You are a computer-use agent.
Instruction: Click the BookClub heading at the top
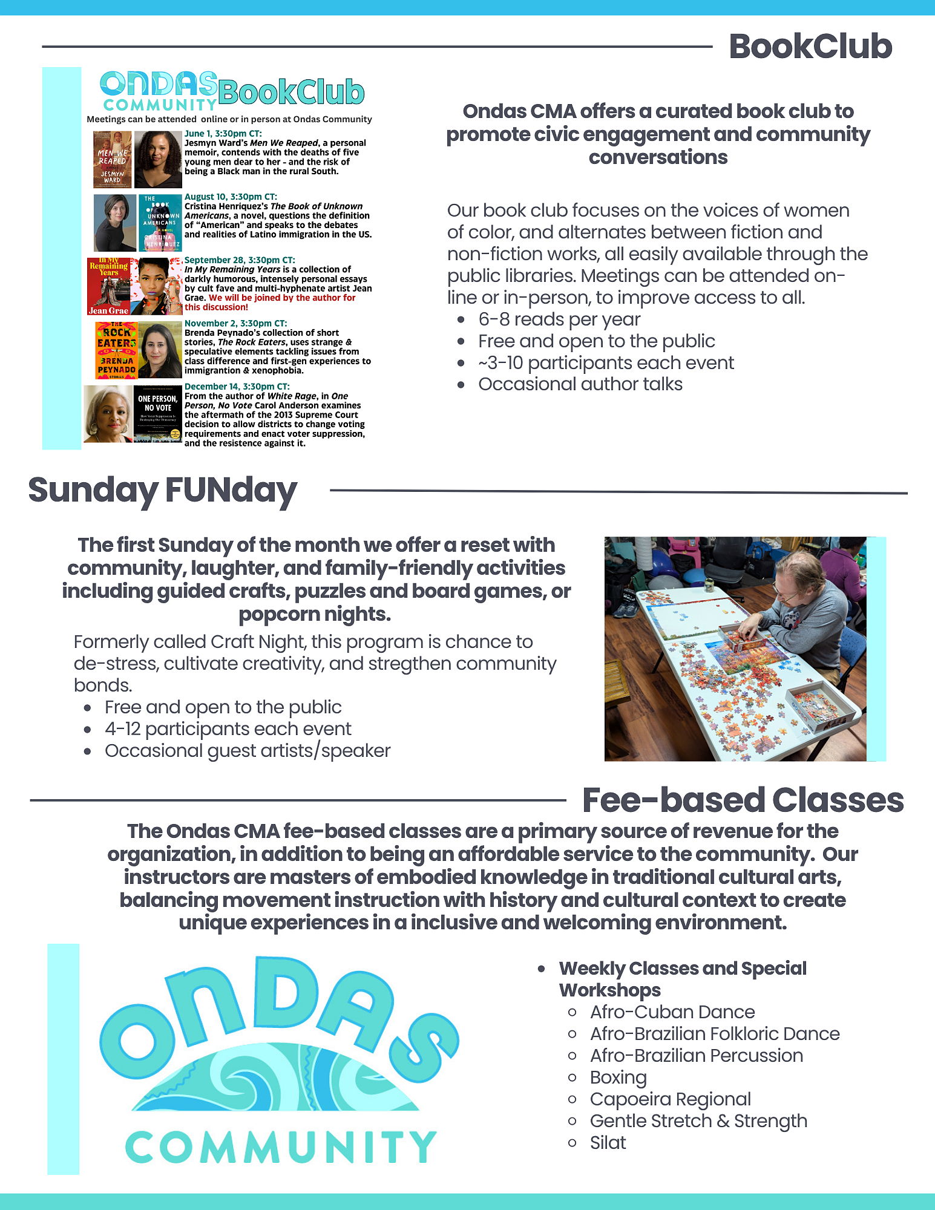point(810,47)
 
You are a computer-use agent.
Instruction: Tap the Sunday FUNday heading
point(162,489)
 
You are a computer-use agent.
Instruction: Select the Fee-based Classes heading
point(743,800)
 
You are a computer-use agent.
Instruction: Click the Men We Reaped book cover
point(112,159)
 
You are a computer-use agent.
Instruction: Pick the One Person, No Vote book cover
point(157,414)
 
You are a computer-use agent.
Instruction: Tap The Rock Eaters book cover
point(116,350)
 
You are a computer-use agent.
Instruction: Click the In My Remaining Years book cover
point(109,286)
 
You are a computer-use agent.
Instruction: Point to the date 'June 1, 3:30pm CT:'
point(223,133)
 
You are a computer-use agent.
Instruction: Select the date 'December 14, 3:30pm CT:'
point(237,386)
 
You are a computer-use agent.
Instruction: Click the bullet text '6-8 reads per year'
point(559,319)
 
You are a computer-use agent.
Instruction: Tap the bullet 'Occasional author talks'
point(580,384)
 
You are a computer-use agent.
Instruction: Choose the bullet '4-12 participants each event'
point(228,729)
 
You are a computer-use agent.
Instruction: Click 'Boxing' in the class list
point(618,1078)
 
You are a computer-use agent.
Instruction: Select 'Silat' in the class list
point(608,1143)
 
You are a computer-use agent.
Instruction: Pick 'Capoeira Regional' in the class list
point(670,1099)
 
